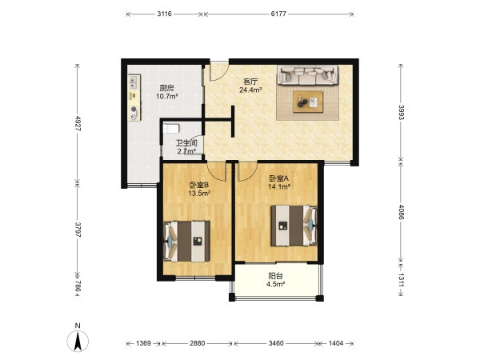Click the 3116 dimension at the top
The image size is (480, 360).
pos(164,14)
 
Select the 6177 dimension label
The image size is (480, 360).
pos(278,14)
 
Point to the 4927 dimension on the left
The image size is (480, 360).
pos(78,123)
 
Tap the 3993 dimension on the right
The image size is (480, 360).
pos(401,113)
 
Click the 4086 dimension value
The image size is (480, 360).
pos(401,212)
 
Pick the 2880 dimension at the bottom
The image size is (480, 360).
pos(197,343)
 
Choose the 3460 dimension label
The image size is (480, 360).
pos(276,343)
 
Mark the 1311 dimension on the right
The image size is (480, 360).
pos(401,280)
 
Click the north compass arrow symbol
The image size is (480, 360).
pos(78,341)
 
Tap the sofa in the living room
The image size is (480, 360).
pos(308,74)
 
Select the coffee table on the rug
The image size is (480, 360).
pos(308,102)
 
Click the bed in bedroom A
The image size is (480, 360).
pos(294,226)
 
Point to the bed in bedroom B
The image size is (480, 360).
pos(186,242)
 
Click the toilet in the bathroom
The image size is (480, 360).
pos(171,128)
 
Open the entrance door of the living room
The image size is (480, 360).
pos(219,71)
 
